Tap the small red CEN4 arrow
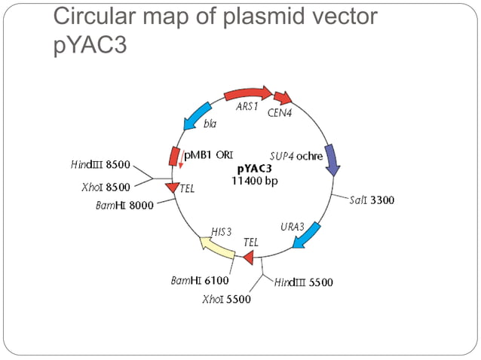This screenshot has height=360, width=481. coord(283,98)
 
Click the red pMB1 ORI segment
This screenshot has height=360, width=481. coord(174,157)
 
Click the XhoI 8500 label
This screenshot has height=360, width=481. coord(105,187)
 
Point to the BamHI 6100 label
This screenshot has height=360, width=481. coord(199,280)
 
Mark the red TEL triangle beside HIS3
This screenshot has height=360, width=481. coord(246,257)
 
